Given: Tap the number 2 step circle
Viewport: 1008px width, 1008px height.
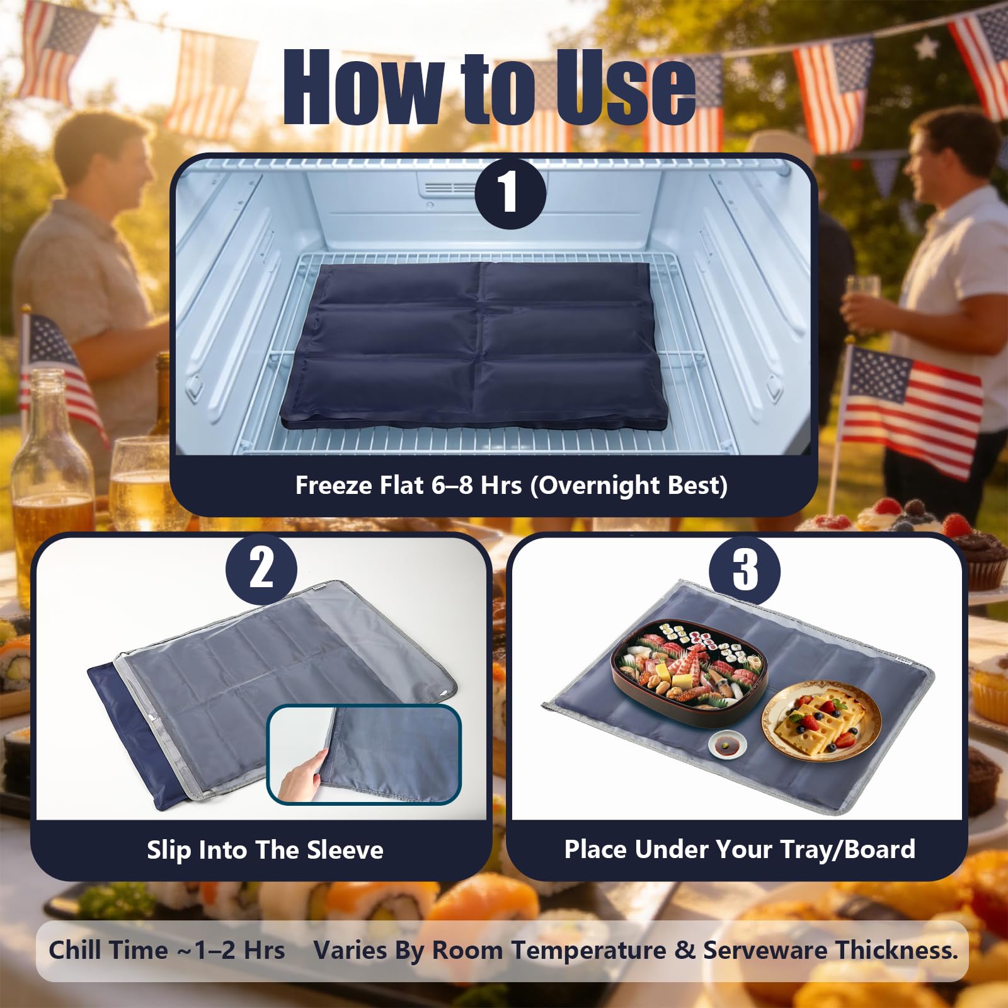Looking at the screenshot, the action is [x=261, y=569].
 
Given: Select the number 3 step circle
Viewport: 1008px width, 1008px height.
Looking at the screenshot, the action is [x=745, y=570].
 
